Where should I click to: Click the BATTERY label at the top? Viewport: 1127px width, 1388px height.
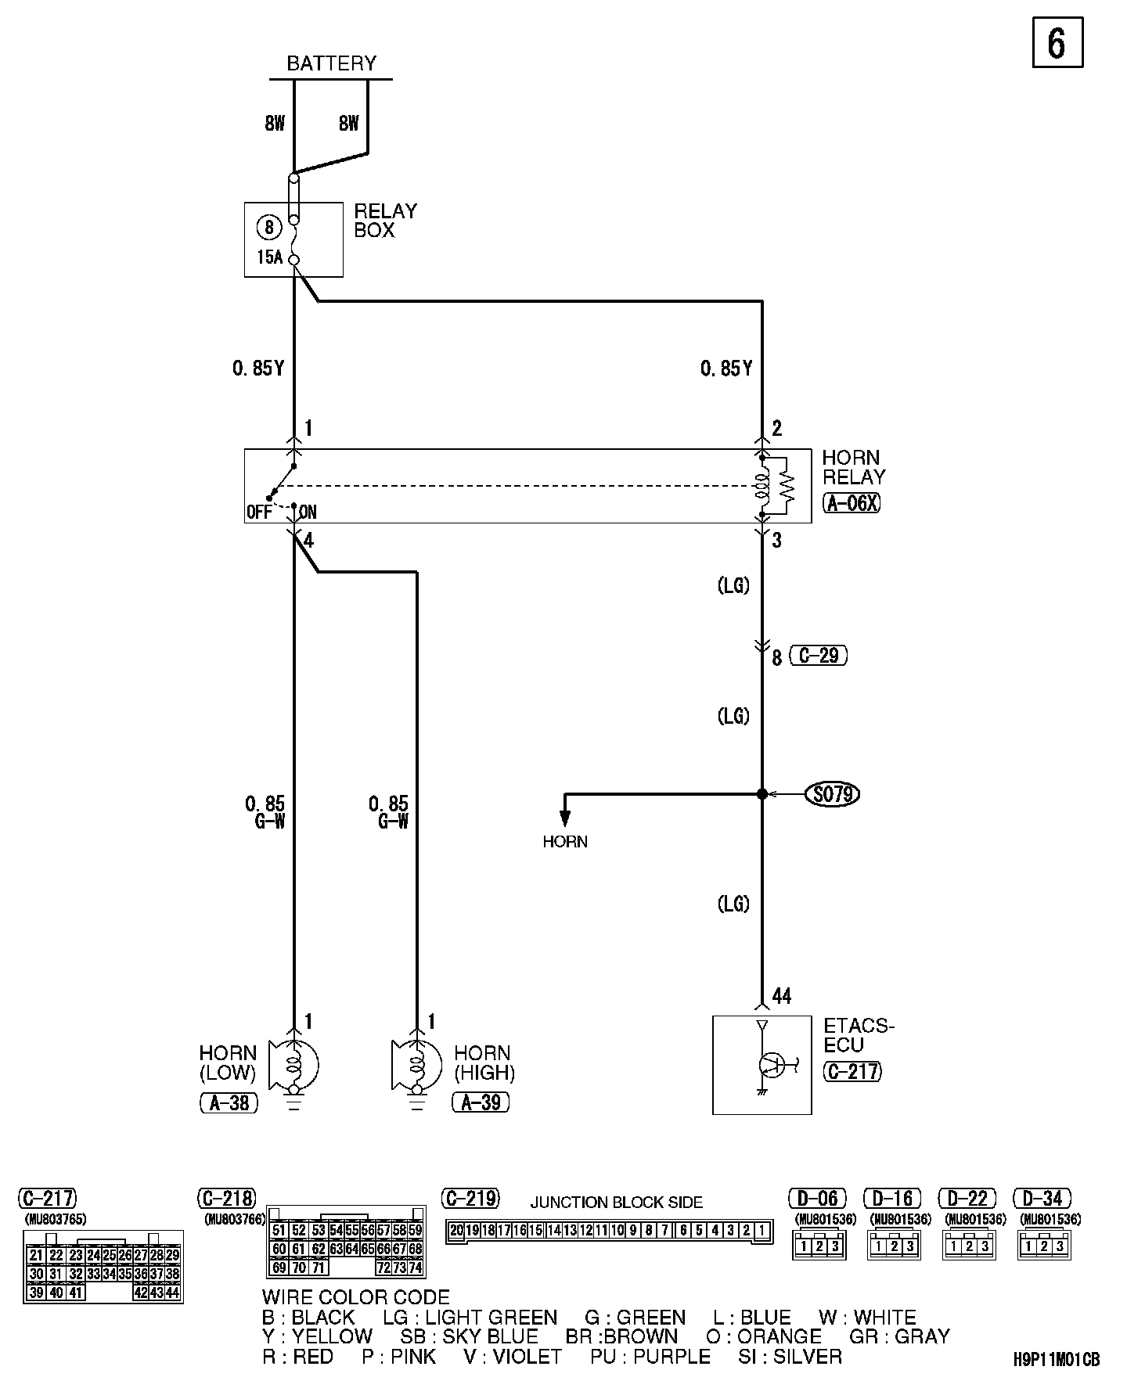pos(331,63)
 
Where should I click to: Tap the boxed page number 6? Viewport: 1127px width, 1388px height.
pos(1057,44)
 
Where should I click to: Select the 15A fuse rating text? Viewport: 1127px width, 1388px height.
pos(269,256)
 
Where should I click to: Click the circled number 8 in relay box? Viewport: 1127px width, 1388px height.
pos(269,227)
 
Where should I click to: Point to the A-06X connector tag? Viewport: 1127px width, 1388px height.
pos(852,503)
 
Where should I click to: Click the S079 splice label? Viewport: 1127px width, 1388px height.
pos(832,794)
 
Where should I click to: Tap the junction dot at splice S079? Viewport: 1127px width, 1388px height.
pos(762,794)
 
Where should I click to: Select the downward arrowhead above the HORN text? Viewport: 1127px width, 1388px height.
pos(565,818)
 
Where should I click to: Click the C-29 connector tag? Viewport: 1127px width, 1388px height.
pos(819,655)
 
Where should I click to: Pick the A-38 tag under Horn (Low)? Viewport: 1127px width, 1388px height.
pos(229,1102)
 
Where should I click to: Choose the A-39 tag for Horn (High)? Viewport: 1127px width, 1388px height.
pos(481,1102)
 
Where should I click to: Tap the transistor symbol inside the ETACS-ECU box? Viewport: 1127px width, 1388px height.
pos(771,1064)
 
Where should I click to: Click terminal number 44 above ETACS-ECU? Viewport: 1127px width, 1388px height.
pos(781,995)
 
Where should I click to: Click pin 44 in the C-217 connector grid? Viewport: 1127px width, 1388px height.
pos(174,1293)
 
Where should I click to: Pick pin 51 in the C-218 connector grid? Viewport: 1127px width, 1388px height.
pos(278,1230)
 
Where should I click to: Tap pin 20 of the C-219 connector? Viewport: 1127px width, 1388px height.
pos(456,1231)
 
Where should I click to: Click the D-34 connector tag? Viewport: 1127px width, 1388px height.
pos(1042,1199)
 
